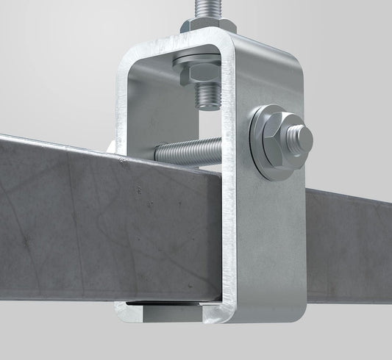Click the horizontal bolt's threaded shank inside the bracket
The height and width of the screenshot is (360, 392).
[x=188, y=151]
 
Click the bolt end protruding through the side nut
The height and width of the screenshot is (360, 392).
[x=300, y=137]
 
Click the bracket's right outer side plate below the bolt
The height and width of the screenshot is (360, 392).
[x=272, y=235]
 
